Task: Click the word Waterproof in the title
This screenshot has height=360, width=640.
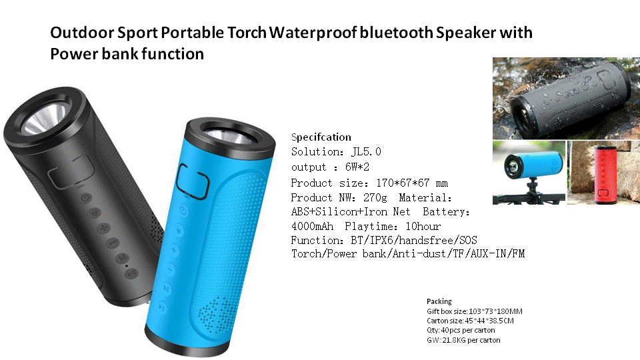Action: tap(313, 33)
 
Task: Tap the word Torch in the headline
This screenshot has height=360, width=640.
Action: tap(247, 33)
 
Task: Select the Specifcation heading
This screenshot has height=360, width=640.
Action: tap(321, 137)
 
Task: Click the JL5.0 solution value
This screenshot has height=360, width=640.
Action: tap(366, 152)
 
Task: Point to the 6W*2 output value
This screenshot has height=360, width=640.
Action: tap(357, 167)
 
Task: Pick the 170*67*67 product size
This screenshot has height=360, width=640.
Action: tap(403, 183)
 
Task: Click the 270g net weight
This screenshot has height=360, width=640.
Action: tap(375, 198)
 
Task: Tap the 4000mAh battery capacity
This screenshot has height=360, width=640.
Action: tap(312, 227)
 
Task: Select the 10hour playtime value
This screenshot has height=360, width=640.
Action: tap(423, 227)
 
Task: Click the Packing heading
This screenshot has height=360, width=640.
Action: tap(439, 301)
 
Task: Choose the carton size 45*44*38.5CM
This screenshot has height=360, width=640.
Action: tap(489, 321)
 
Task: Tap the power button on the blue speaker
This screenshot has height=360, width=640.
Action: tap(183, 210)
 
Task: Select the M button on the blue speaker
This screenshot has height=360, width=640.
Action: tap(166, 288)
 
